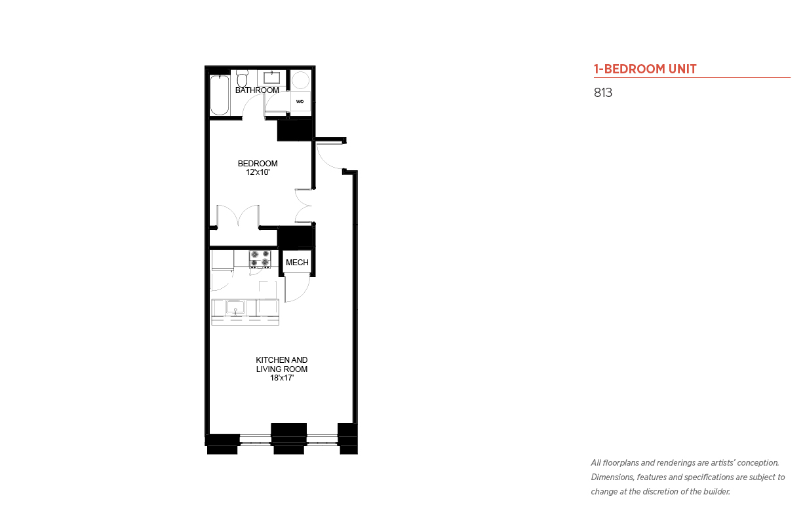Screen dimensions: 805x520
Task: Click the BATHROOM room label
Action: point(257,90)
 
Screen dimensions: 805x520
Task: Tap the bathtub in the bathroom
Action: point(219,95)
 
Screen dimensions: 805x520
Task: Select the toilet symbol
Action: point(242,79)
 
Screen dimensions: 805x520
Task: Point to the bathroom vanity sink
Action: point(271,77)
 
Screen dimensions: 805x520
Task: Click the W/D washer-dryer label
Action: point(300,102)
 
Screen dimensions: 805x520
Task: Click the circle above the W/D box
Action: point(300,80)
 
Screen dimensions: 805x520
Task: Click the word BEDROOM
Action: point(258,164)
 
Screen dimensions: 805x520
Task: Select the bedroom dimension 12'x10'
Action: point(258,172)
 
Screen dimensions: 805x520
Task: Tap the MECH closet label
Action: point(297,263)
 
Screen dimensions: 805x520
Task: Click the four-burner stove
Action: point(260,259)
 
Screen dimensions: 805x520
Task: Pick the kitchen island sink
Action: point(235,307)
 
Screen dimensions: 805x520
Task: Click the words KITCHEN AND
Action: point(282,360)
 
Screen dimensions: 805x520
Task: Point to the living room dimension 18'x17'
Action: point(282,378)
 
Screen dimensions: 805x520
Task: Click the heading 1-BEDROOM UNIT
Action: point(645,69)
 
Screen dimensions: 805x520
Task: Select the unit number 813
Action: point(603,92)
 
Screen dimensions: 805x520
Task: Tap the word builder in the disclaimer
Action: point(717,492)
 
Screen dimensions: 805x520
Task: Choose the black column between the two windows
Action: point(288,439)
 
